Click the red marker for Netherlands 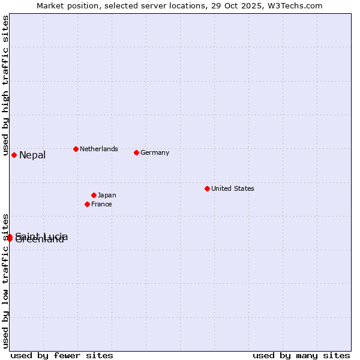(x=76, y=149)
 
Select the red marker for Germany (x=136, y=152)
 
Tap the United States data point (x=207, y=188)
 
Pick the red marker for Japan (x=94, y=195)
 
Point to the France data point (x=87, y=204)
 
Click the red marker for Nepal (x=14, y=155)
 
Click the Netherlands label (x=99, y=149)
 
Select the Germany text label (x=155, y=152)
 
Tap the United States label (x=233, y=188)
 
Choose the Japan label (x=107, y=195)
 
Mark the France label (x=101, y=204)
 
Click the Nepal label (x=32, y=155)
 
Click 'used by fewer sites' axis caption (x=62, y=355)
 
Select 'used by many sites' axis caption (x=301, y=355)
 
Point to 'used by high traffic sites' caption (x=5, y=86)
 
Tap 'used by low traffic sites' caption (x=5, y=280)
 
